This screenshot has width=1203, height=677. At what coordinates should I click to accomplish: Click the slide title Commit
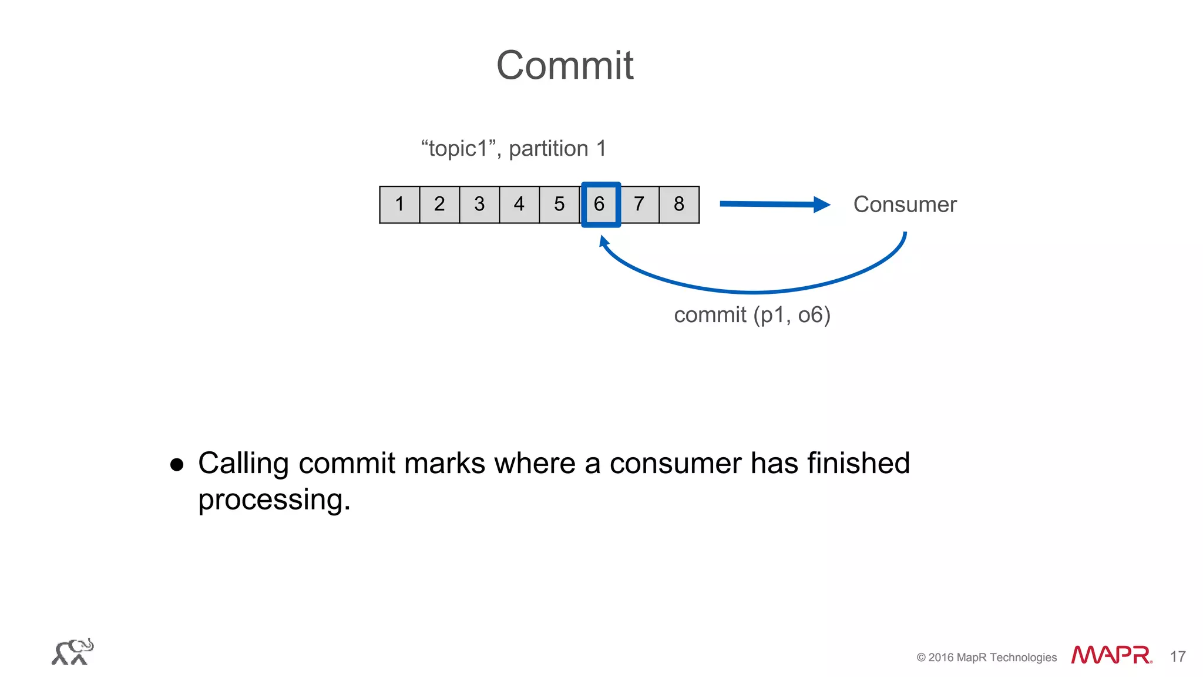(x=564, y=65)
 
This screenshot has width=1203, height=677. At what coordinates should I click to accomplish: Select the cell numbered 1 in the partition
(x=399, y=205)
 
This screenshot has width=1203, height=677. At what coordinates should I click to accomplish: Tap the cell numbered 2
(x=439, y=205)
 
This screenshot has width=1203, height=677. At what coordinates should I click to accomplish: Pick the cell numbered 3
(x=479, y=205)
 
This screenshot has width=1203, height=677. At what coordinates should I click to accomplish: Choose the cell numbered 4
(x=519, y=205)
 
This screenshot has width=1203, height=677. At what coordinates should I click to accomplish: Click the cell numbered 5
(x=559, y=205)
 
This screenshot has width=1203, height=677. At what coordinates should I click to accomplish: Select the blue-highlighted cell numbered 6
(x=600, y=205)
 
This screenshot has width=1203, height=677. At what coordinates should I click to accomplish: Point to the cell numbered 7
(x=639, y=205)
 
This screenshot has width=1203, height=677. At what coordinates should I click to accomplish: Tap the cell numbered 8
(x=679, y=205)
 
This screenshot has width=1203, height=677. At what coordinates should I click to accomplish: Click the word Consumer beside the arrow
(x=905, y=205)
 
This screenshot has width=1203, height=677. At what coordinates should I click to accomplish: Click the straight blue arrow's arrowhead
(x=822, y=205)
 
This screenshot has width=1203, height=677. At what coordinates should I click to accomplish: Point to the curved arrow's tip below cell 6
(x=603, y=240)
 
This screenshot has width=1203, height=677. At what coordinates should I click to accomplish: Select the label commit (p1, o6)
(x=752, y=315)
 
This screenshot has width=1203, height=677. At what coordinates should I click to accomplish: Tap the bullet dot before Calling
(x=177, y=465)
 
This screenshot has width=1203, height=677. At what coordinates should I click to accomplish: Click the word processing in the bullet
(x=274, y=500)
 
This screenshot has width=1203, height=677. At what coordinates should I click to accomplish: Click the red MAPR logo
(x=1111, y=655)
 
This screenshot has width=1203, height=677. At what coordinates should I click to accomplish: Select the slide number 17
(x=1177, y=656)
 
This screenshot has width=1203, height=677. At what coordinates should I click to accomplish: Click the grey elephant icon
(x=73, y=652)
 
